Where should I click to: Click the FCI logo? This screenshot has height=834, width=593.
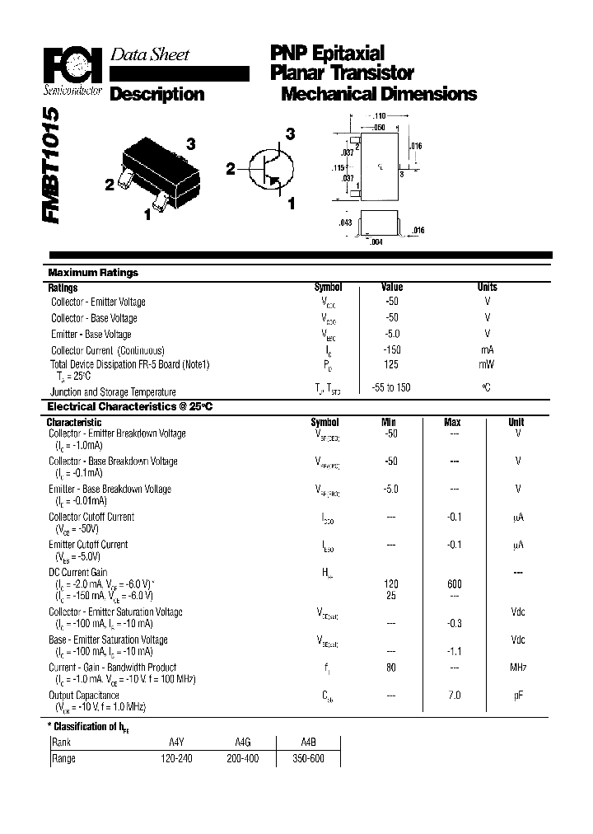tap(72, 65)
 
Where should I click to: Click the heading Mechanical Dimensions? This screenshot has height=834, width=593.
tap(379, 94)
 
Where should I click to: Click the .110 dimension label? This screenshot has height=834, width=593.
tap(380, 117)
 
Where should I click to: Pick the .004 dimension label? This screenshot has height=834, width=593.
tap(376, 241)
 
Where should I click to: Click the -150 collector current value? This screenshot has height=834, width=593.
tap(391, 349)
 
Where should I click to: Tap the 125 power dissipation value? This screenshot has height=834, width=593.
tap(391, 363)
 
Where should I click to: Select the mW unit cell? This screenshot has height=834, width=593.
tap(487, 363)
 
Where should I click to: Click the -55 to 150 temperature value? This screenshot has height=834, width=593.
tap(391, 388)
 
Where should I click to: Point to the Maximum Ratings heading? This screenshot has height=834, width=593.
tap(93, 273)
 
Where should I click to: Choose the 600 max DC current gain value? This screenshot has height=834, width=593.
tap(453, 583)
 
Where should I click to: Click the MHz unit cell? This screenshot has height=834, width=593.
tap(518, 668)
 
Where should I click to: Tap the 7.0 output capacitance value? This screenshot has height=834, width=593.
tap(453, 696)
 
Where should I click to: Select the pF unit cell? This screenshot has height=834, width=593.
tap(518, 696)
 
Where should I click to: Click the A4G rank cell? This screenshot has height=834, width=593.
tap(241, 742)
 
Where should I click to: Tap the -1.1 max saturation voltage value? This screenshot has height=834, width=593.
tap(453, 651)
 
